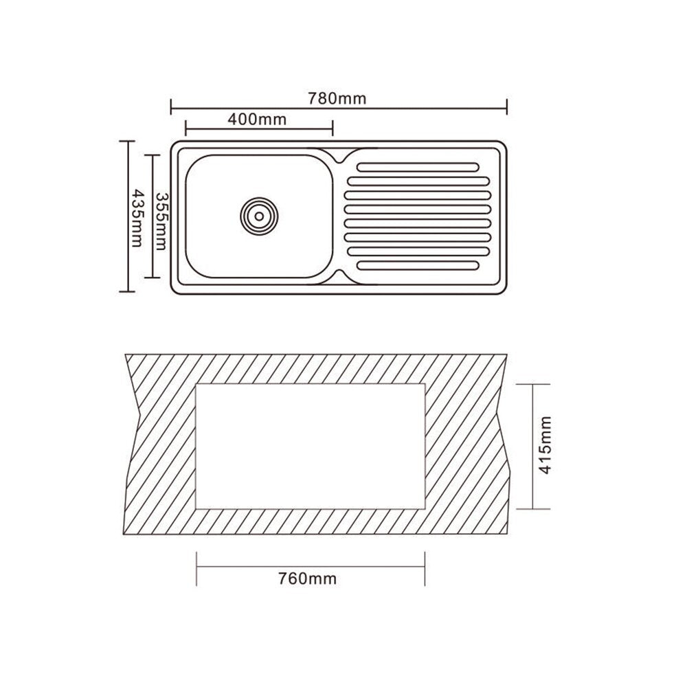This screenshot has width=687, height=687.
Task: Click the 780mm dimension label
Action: click(337, 98)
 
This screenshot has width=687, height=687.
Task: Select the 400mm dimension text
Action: click(257, 119)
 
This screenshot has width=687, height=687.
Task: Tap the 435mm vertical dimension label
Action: click(137, 218)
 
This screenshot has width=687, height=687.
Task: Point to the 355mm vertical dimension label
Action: click(161, 221)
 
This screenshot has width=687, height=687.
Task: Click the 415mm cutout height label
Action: click(545, 445)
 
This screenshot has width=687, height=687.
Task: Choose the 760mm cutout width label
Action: click(308, 578)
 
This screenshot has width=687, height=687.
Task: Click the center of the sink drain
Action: click(259, 216)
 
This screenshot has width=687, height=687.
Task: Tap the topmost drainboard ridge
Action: click(418, 167)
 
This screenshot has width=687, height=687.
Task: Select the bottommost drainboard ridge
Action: click(418, 265)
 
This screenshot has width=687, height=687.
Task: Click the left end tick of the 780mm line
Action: click(171, 106)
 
